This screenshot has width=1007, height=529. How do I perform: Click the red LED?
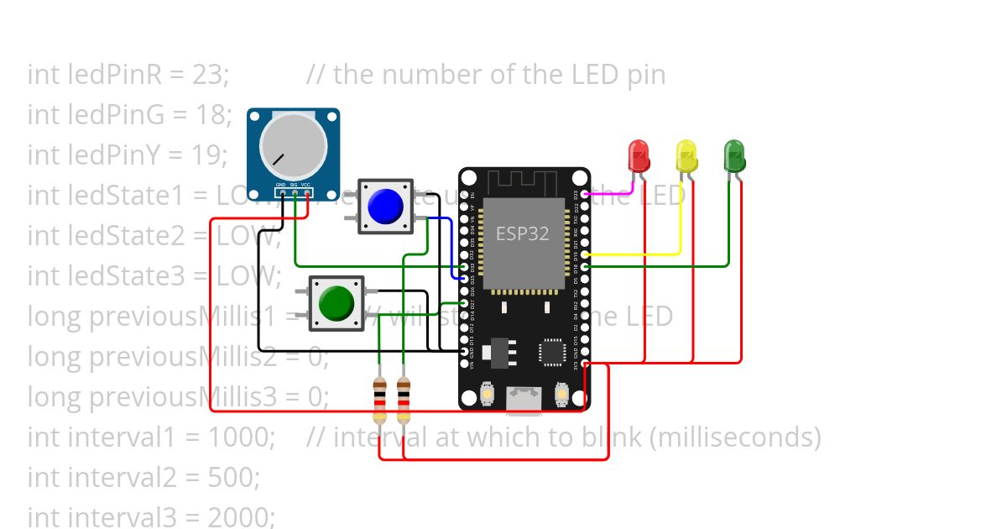(639, 156)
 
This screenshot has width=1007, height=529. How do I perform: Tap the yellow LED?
(686, 156)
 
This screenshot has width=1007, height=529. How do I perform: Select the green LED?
(734, 156)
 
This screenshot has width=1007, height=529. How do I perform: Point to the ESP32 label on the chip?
(522, 233)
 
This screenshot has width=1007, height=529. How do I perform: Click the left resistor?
(380, 401)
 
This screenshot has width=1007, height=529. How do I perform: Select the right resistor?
(404, 401)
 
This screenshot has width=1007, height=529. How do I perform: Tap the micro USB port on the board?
(524, 400)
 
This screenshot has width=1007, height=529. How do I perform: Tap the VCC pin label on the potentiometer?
(306, 184)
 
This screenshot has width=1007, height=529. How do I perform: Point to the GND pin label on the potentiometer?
(282, 184)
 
